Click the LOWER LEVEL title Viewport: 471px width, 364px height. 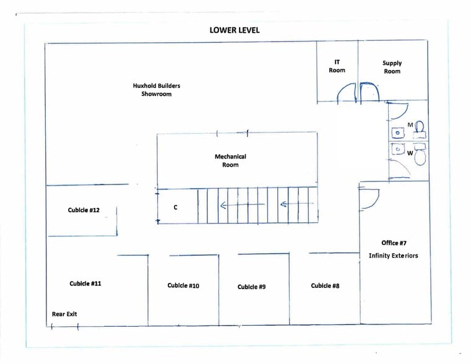(x=235, y=29)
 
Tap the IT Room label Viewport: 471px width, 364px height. (x=337, y=66)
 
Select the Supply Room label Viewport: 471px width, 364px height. (x=392, y=67)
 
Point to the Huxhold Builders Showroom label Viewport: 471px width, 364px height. (x=157, y=90)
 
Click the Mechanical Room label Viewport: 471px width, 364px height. (x=230, y=161)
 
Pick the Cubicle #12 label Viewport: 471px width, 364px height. (x=84, y=210)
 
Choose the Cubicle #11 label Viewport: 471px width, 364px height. (x=85, y=284)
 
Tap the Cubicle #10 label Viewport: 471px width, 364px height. (x=183, y=285)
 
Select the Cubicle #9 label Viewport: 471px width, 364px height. (x=251, y=287)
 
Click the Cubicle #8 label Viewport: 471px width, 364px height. (x=325, y=285)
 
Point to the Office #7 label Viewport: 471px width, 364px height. (x=394, y=243)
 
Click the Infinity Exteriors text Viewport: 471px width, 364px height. (x=393, y=256)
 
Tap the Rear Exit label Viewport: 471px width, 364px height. (x=64, y=314)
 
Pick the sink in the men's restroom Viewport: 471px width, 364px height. (x=397, y=132)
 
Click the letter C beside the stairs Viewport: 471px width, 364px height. (x=175, y=207)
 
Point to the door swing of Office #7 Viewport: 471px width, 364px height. (x=369, y=199)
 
